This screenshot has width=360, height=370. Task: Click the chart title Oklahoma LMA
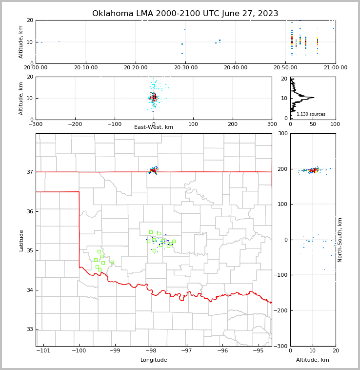(x=185, y=14)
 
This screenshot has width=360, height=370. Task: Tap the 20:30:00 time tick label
(x=185, y=67)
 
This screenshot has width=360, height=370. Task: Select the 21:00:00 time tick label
(x=335, y=67)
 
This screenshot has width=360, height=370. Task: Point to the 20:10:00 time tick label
(x=85, y=67)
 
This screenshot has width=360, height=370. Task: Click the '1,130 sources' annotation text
(x=311, y=114)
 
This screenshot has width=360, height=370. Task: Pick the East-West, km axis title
(x=154, y=127)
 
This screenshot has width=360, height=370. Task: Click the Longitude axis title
(x=154, y=360)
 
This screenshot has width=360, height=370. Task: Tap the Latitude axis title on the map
(x=21, y=240)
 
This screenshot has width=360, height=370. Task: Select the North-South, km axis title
(x=340, y=240)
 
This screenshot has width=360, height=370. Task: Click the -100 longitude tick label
(x=79, y=350)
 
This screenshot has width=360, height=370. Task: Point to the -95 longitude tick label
(x=258, y=350)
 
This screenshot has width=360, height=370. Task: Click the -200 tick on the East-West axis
(x=75, y=124)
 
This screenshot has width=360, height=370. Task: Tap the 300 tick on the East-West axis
(x=272, y=124)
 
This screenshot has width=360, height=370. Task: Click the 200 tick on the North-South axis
(x=282, y=169)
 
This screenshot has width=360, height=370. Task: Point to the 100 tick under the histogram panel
(x=335, y=124)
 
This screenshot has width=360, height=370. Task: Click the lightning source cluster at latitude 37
(x=153, y=170)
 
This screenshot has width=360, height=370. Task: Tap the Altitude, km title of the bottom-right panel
(x=313, y=360)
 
